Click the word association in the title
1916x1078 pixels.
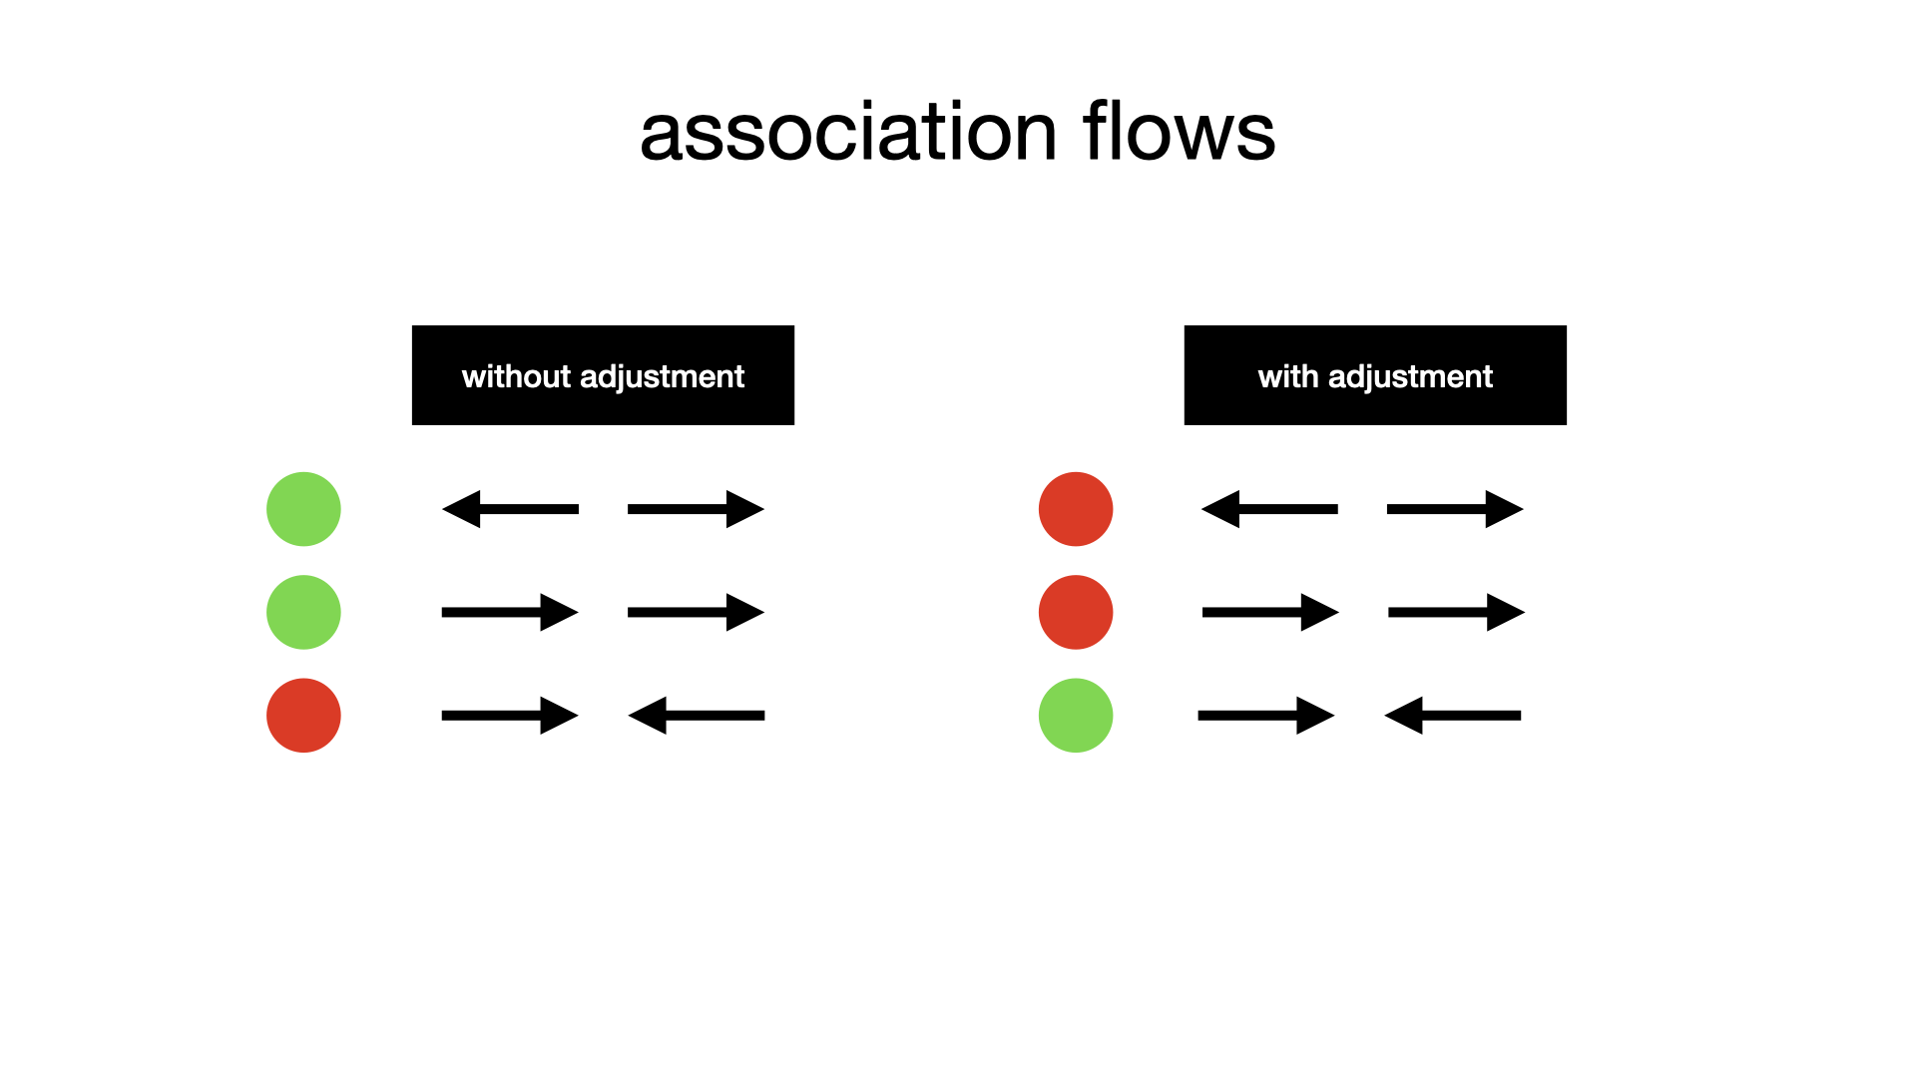coord(848,132)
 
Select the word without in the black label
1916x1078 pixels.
coord(516,376)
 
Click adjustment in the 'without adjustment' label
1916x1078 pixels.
coord(662,378)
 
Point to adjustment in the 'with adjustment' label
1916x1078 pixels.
coord(1410,378)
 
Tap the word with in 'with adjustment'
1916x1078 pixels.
coord(1288,376)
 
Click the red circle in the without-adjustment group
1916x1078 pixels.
coord(303,716)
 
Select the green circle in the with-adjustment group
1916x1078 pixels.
coord(1076,716)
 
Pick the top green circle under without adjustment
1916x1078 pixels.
coord(303,509)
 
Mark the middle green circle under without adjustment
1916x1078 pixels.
coord(303,612)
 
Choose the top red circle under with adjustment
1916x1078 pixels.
coord(1076,509)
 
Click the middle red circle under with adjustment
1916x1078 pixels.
coord(1076,612)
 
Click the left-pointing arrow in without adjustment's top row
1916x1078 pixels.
coord(510,509)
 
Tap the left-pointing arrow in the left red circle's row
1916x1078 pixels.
coord(697,716)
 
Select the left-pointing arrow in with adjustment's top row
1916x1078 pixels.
coord(1269,509)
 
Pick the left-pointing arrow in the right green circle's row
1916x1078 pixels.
coord(1453,716)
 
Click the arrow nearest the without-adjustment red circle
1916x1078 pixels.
coord(510,716)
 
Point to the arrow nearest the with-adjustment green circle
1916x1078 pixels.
coord(1266,716)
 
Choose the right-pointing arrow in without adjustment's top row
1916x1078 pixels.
coord(697,509)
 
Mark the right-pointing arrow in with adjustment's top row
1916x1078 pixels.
coord(1456,509)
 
